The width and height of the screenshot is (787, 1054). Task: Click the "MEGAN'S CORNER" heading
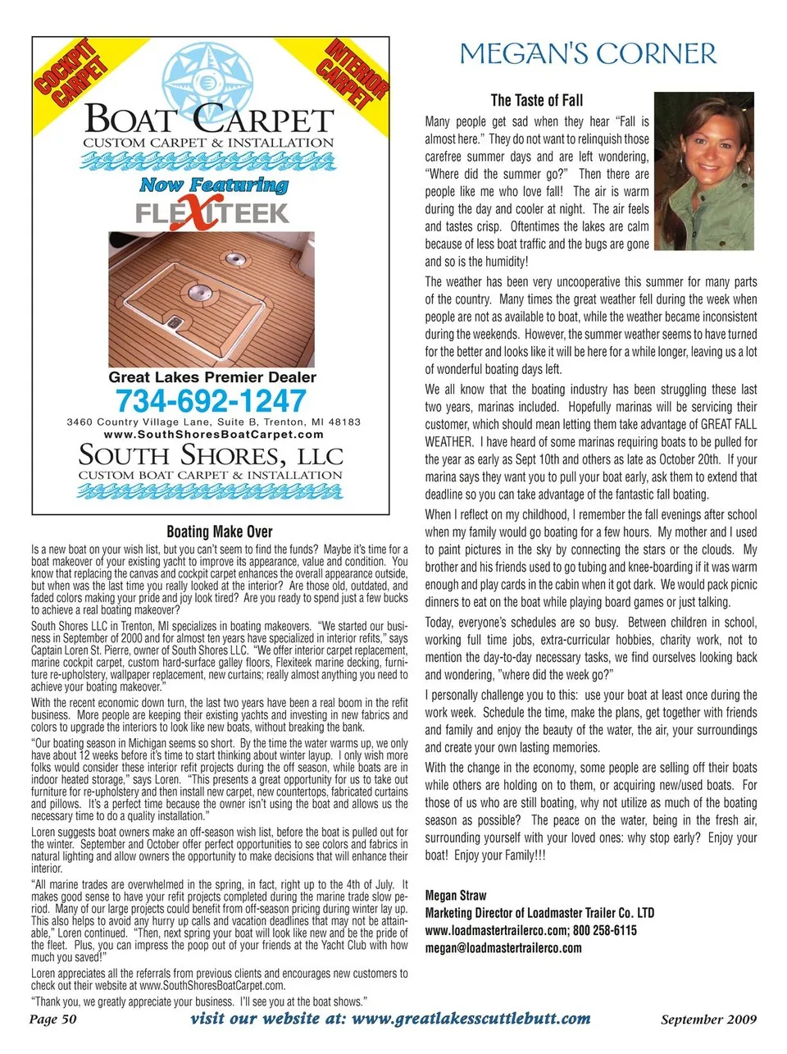pos(588,55)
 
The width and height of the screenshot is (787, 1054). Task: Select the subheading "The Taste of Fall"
pos(537,101)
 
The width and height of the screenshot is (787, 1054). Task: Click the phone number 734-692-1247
pos(211,401)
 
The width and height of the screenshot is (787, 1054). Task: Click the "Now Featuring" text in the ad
pos(213,185)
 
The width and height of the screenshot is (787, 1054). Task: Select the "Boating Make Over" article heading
pos(219,532)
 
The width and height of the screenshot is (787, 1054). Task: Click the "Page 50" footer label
pos(53,1020)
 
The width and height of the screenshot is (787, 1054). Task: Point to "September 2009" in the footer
pos(708,1020)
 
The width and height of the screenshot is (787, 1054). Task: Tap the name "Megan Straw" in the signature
pos(456,895)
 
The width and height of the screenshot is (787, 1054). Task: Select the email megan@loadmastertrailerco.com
pos(503,947)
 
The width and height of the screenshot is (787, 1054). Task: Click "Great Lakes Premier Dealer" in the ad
pos(212,377)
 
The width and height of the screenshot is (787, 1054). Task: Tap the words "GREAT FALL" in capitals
pos(729,424)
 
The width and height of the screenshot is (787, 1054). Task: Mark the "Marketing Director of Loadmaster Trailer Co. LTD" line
pos(539,913)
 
